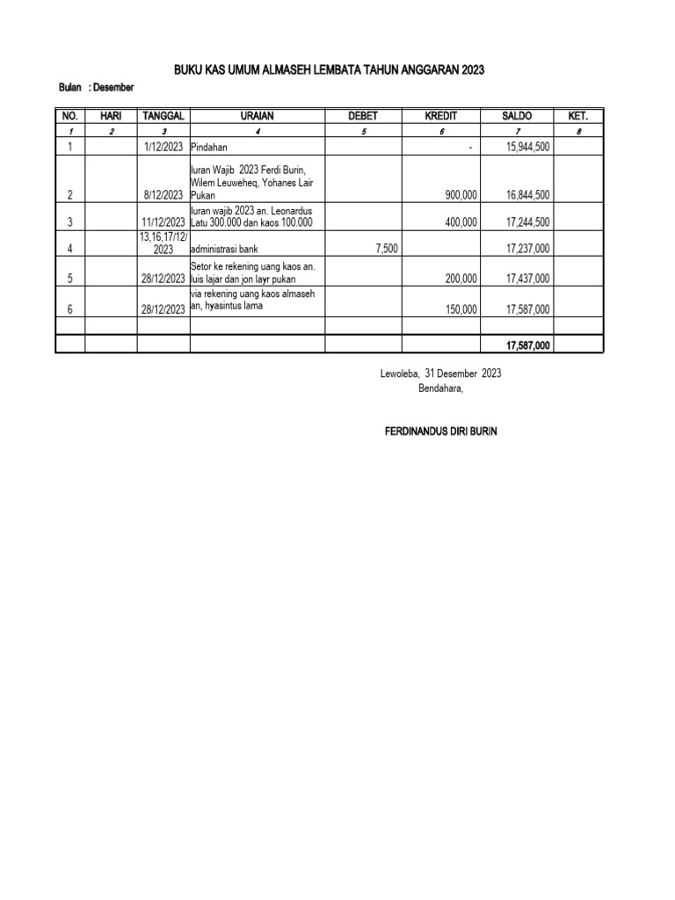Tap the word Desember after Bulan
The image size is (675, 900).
[x=113, y=87]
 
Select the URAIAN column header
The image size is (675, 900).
[x=258, y=116]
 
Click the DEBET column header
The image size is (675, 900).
[x=363, y=116]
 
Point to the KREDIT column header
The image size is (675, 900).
[x=440, y=116]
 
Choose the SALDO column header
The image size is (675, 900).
[x=517, y=116]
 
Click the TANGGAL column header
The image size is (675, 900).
[x=163, y=116]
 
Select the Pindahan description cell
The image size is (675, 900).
[x=209, y=147]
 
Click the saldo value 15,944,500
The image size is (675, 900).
[x=528, y=147]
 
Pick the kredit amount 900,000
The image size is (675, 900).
[x=461, y=194]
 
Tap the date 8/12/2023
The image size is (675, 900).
[x=164, y=194]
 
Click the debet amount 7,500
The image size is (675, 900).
[x=386, y=249]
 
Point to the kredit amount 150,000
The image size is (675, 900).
[x=461, y=308]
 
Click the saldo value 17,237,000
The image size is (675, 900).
[x=528, y=249]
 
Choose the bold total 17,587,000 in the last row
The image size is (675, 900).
[x=527, y=345]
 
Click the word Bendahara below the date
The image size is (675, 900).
[x=440, y=388]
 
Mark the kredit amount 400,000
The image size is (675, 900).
[x=461, y=221]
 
